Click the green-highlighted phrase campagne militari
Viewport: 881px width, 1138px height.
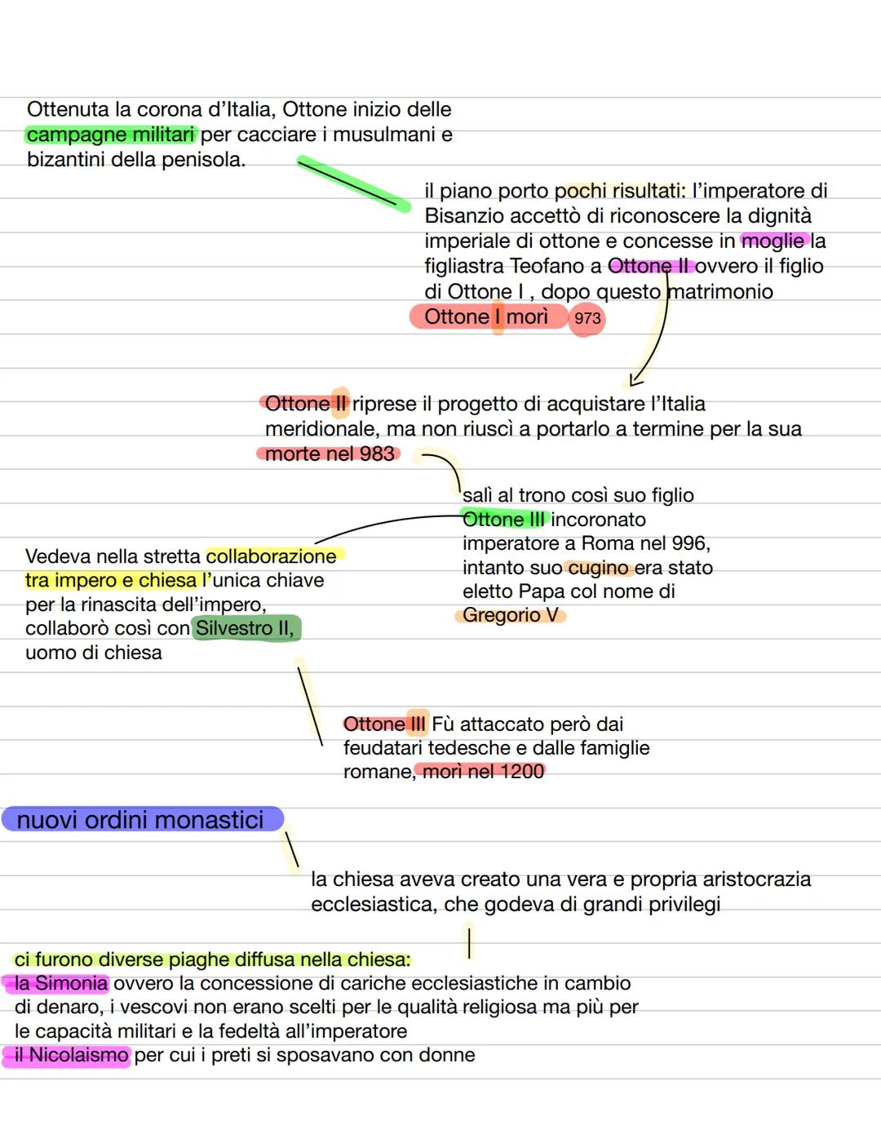click(x=110, y=135)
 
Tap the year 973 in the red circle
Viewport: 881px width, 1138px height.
click(x=587, y=318)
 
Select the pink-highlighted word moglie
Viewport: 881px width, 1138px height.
click(x=773, y=241)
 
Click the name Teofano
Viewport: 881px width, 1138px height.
click(x=547, y=265)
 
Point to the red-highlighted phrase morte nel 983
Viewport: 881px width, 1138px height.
click(x=330, y=454)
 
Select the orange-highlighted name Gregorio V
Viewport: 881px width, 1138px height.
click(x=511, y=615)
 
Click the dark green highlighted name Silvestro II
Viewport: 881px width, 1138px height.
click(x=245, y=628)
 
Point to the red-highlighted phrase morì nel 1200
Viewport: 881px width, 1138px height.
click(x=483, y=771)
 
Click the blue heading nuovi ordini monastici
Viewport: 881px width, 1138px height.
click(x=140, y=820)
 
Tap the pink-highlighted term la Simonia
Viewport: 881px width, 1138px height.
click(x=60, y=983)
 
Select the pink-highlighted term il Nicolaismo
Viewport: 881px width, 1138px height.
click(x=71, y=1055)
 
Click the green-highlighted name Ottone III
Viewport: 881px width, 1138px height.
click(x=503, y=520)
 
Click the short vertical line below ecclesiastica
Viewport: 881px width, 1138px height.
click(x=469, y=943)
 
